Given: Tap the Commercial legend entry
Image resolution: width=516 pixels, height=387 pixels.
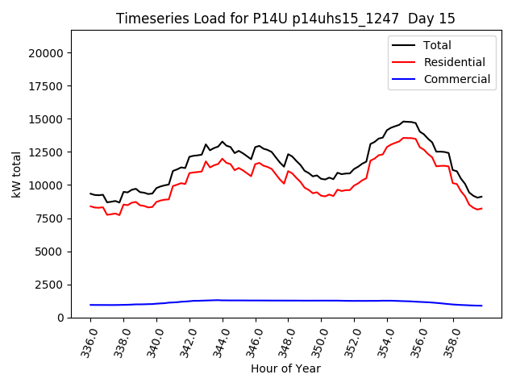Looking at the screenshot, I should pyautogui.click(x=456, y=79).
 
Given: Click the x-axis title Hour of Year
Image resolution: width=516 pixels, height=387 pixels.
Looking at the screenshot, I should pyautogui.click(x=285, y=368).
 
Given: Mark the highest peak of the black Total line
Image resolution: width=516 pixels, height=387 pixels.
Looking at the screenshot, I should pyautogui.click(x=405, y=122).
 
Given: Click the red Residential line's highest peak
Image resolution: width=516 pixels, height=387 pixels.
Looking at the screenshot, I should pyautogui.click(x=406, y=138).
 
